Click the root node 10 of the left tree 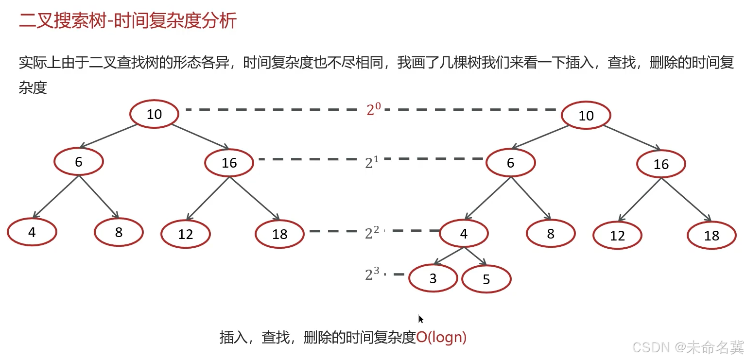(x=154, y=114)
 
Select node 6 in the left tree (x=78, y=162)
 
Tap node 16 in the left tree (x=229, y=163)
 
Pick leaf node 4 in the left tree (x=32, y=232)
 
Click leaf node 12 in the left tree (x=185, y=235)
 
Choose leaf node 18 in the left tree (x=279, y=235)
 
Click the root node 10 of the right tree (x=586, y=116)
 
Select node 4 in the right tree (x=464, y=234)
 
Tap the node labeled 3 (x=433, y=279)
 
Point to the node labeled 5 (x=486, y=280)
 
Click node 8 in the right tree (x=550, y=234)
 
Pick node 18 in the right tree (x=711, y=236)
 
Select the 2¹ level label (x=371, y=162)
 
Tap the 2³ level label (x=371, y=274)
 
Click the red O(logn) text (x=441, y=337)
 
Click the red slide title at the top (x=127, y=21)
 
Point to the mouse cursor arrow (x=421, y=319)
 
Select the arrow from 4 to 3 (x=448, y=257)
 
